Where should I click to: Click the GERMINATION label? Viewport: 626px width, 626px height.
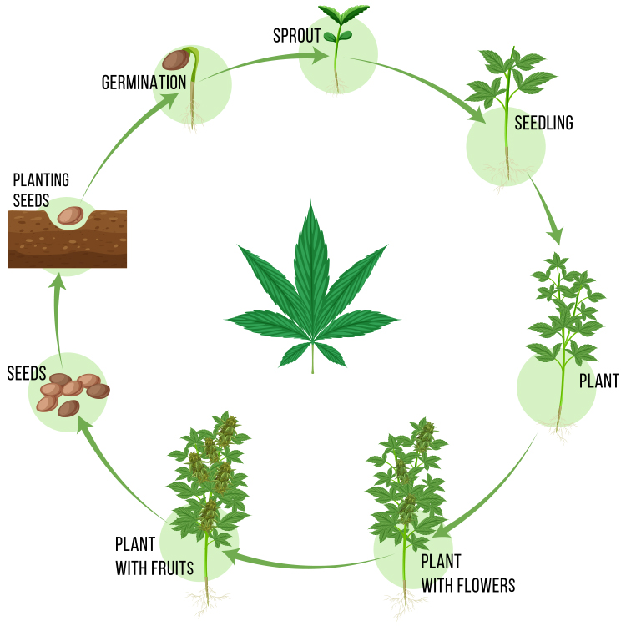pos(144,83)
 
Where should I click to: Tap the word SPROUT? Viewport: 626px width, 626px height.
pos(297,36)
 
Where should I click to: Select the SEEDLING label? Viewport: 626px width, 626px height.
pos(544,124)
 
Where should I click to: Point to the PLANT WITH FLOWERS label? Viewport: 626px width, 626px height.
pos(467,573)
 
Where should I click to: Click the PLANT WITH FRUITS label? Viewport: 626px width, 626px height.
pos(154,557)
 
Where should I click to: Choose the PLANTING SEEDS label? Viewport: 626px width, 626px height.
pos(41,189)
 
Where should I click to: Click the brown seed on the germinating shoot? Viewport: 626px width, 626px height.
pos(175,60)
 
